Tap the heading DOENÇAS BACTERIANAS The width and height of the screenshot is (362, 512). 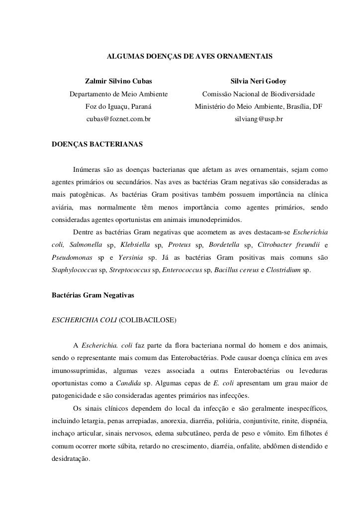point(97,146)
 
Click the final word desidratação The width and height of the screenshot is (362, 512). point(71,459)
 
